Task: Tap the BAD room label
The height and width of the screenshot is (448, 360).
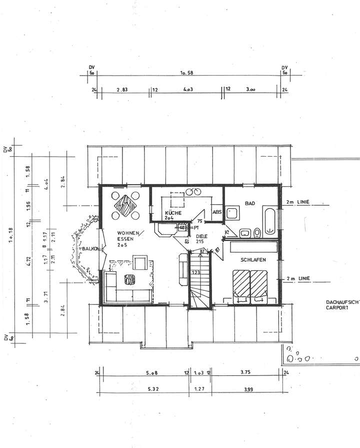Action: tap(250, 203)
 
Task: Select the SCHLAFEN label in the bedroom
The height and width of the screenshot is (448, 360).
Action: tap(252, 260)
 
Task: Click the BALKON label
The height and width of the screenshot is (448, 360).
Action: tap(90, 248)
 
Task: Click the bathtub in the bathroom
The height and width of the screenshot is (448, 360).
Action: tap(270, 221)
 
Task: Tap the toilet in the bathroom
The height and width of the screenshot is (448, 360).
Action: tap(257, 232)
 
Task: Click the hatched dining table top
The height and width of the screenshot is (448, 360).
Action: tap(125, 204)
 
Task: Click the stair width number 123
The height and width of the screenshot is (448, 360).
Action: tap(195, 273)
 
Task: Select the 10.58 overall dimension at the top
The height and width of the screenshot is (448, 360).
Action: tap(186, 73)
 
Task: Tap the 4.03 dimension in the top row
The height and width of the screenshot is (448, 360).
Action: tap(188, 90)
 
